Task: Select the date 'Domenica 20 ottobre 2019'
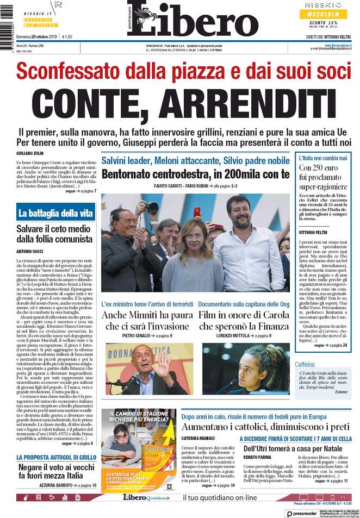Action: coord(37,37)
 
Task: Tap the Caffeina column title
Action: coord(306,364)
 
